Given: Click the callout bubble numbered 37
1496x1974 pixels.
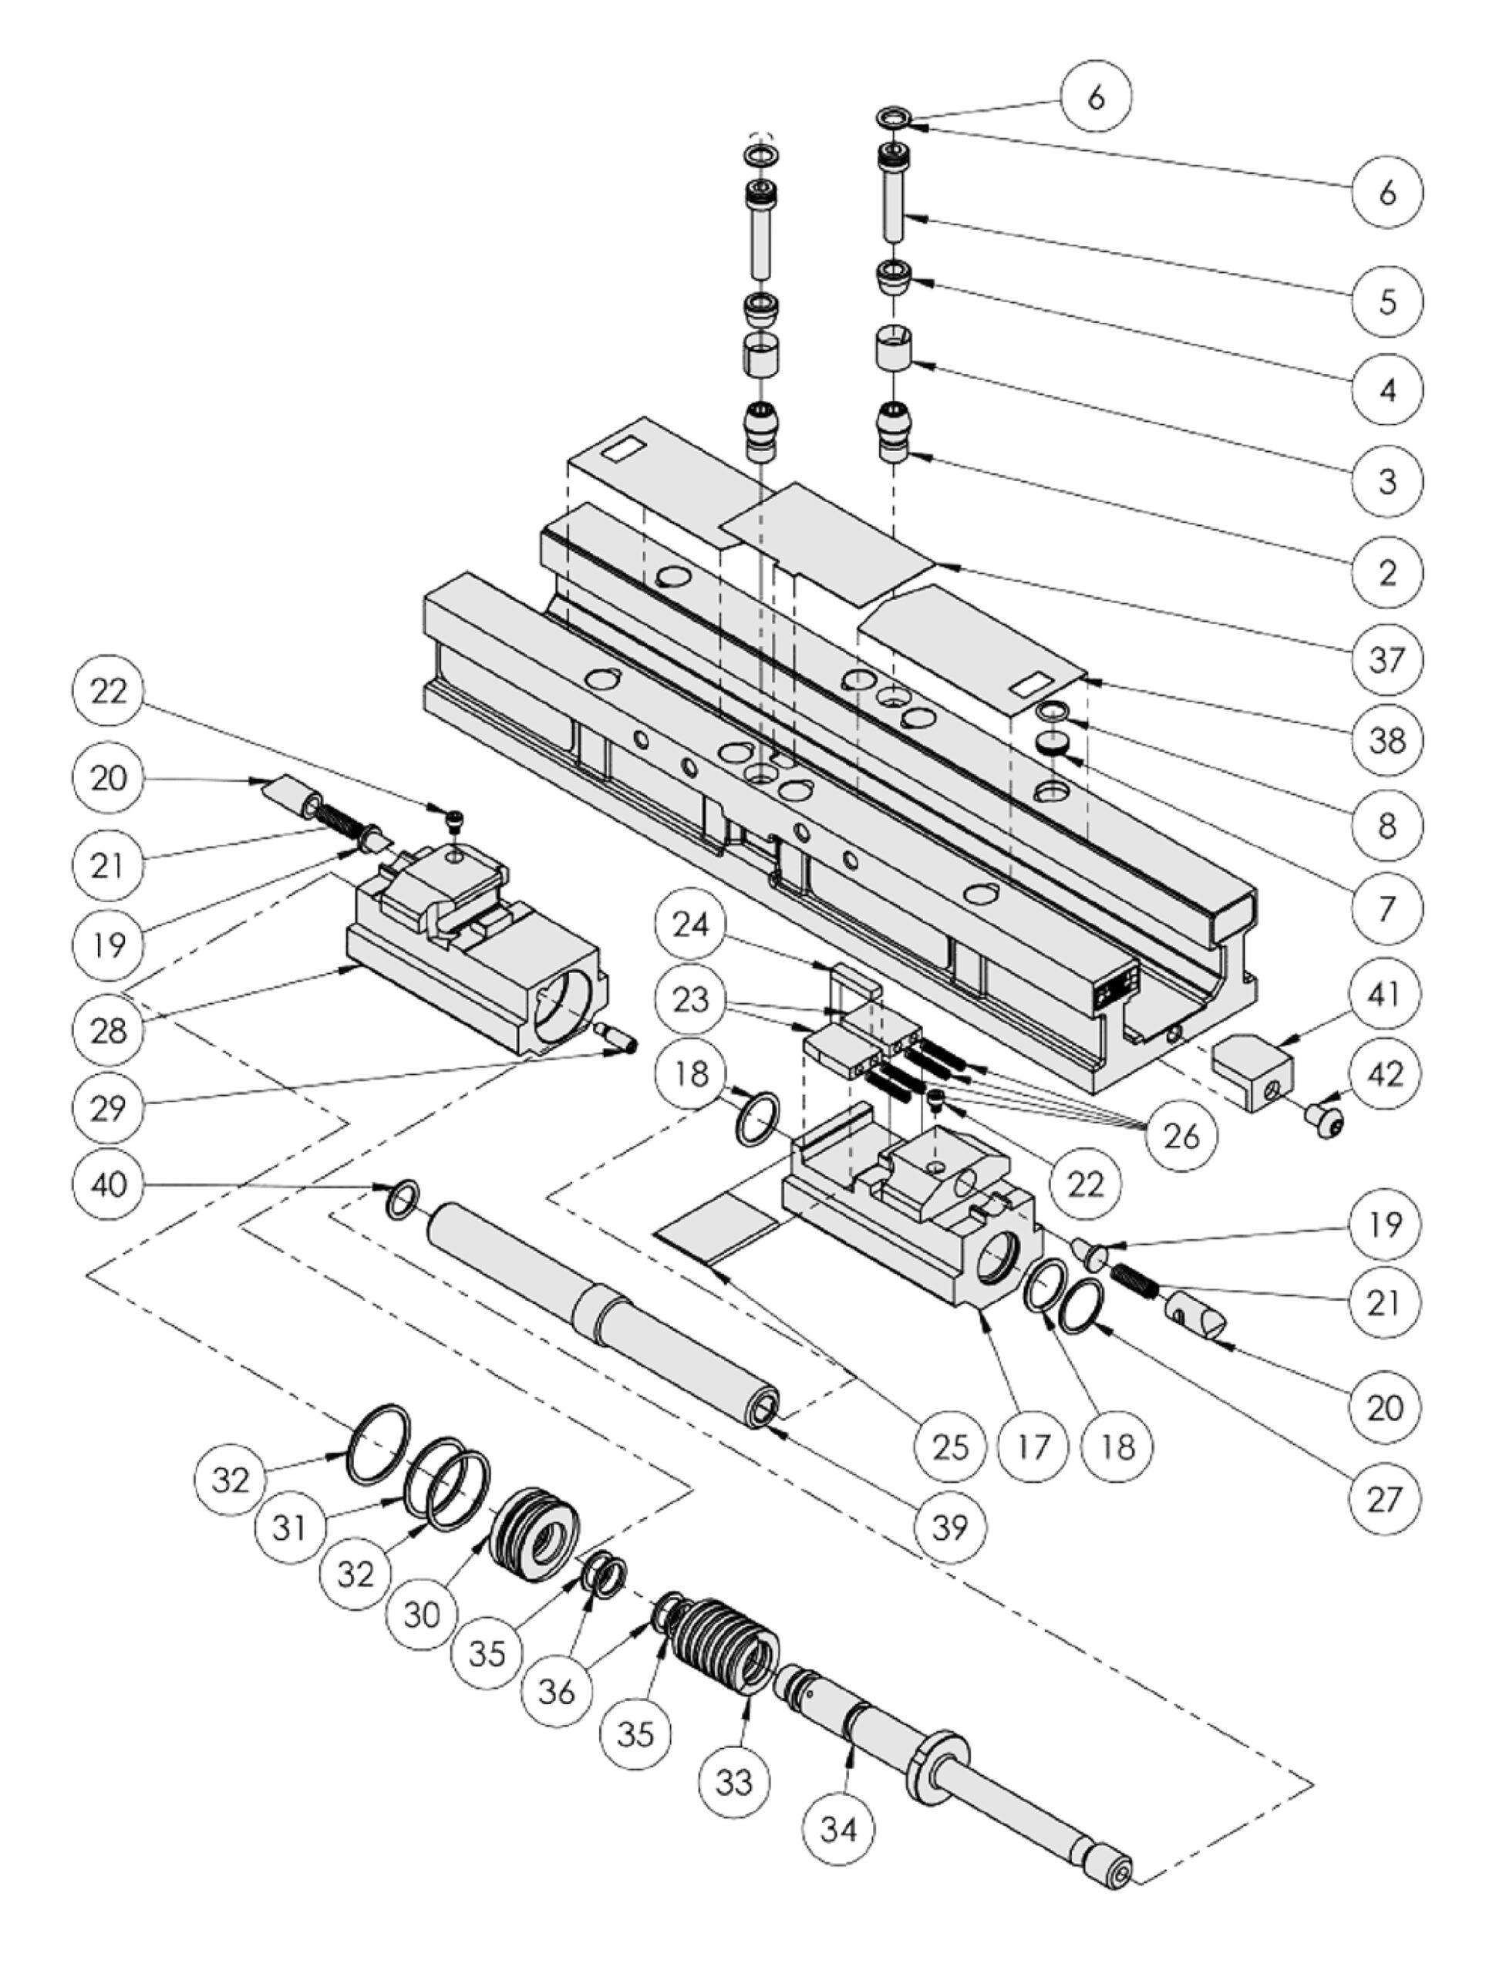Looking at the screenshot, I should point(1386,660).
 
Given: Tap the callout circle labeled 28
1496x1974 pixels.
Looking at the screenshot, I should point(108,1031).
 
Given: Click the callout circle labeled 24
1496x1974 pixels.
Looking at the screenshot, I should point(691,925).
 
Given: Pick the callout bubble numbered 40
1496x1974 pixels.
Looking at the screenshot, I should point(108,1184).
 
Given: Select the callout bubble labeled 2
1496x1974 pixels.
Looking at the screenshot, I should point(1386,572).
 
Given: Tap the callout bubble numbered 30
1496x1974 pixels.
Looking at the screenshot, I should point(423,1613).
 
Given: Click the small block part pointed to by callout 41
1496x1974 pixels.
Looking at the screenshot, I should point(1253,1068).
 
